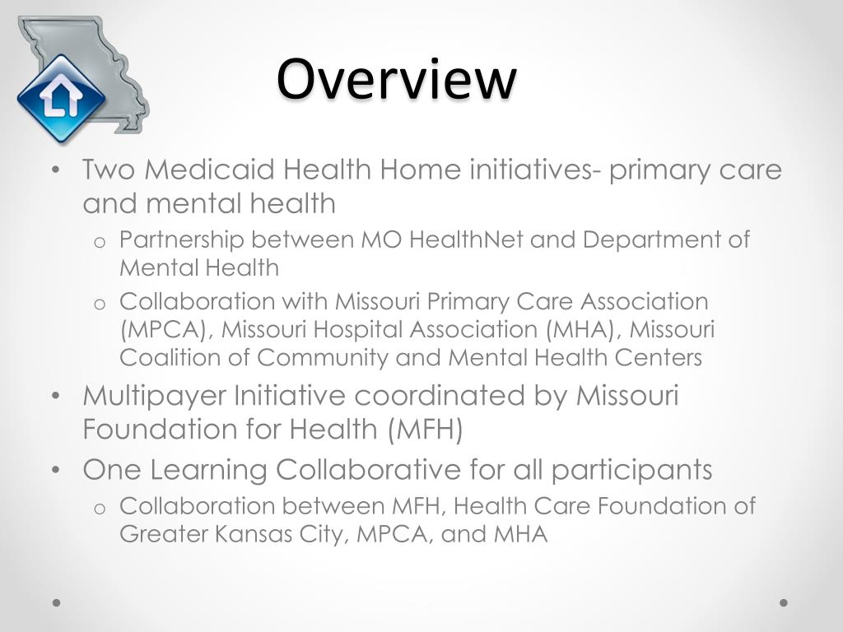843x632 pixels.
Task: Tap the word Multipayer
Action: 154,396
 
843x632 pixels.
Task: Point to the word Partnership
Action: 182,239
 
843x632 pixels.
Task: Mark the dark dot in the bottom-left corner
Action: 57,602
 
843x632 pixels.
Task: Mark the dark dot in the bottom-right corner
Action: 784,602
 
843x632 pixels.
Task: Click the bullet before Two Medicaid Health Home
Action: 55,171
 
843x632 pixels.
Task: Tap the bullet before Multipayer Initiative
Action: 55,397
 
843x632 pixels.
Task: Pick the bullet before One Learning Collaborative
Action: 55,471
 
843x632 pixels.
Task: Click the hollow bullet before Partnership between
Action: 99,241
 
